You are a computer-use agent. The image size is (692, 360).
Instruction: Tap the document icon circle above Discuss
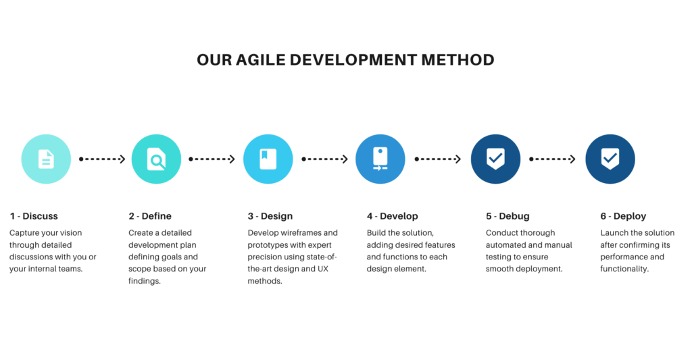[x=46, y=159]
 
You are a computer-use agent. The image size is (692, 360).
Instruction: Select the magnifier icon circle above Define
[x=156, y=159]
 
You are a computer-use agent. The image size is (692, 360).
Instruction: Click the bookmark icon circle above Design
[x=268, y=159]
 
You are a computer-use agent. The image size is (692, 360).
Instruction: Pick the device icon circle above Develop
[x=380, y=159]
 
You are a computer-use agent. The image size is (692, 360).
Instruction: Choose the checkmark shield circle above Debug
[x=495, y=159]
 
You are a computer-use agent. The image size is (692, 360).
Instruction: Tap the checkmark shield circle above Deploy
[x=610, y=159]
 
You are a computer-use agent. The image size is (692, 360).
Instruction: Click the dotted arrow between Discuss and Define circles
[x=102, y=159]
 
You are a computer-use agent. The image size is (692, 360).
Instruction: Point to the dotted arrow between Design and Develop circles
[x=325, y=159]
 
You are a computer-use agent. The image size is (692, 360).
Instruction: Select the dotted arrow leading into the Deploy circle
[x=553, y=159]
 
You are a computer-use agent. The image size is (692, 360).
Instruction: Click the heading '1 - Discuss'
[x=34, y=216]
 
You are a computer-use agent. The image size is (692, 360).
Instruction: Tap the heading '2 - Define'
[x=150, y=216]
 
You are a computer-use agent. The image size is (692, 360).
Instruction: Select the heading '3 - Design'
[x=270, y=216]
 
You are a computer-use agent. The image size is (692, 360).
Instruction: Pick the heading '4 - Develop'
[x=393, y=216]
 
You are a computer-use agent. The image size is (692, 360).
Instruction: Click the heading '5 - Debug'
[x=508, y=216]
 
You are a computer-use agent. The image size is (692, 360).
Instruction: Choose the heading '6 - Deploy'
[x=623, y=216]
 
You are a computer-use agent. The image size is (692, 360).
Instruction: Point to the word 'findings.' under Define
[x=145, y=281]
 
